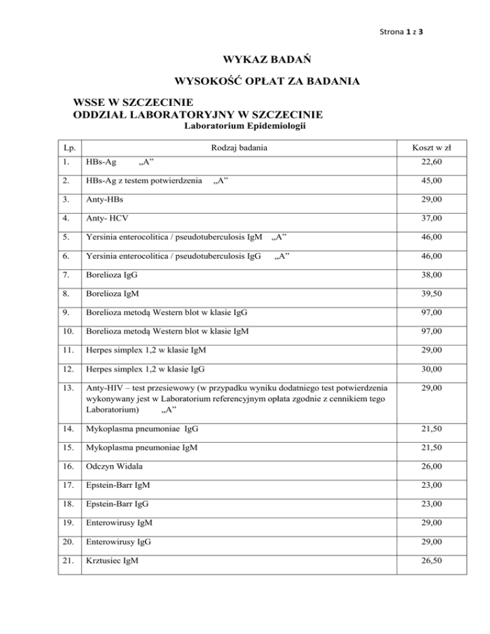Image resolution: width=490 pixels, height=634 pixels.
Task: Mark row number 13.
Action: (68, 387)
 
